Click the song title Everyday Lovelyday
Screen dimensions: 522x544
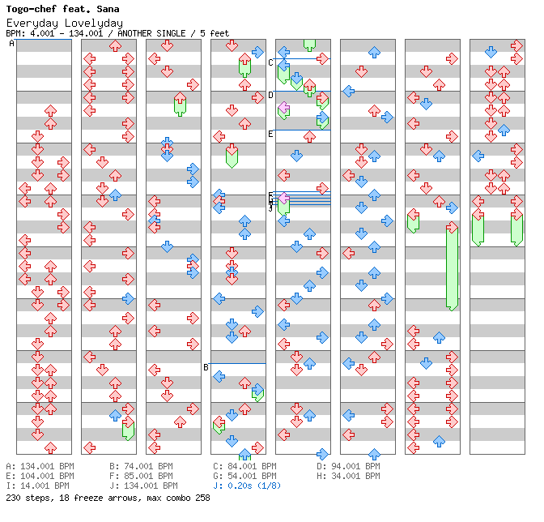tap(64, 23)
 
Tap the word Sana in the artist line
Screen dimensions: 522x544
tap(108, 10)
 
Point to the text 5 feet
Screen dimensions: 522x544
tap(212, 33)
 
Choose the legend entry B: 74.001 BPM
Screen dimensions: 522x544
tap(141, 466)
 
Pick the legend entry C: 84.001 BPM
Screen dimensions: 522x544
tap(244, 466)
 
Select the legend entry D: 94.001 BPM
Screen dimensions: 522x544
tap(348, 466)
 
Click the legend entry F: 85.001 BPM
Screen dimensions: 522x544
tap(141, 476)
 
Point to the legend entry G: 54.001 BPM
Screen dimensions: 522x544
tap(244, 476)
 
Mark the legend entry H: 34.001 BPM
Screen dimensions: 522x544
tap(348, 476)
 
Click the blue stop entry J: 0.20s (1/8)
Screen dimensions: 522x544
tap(248, 486)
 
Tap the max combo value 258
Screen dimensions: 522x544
tap(202, 498)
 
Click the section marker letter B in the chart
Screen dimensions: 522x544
tap(206, 367)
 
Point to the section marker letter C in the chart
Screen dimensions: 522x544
tap(270, 62)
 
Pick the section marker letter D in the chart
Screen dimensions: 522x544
tap(270, 95)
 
